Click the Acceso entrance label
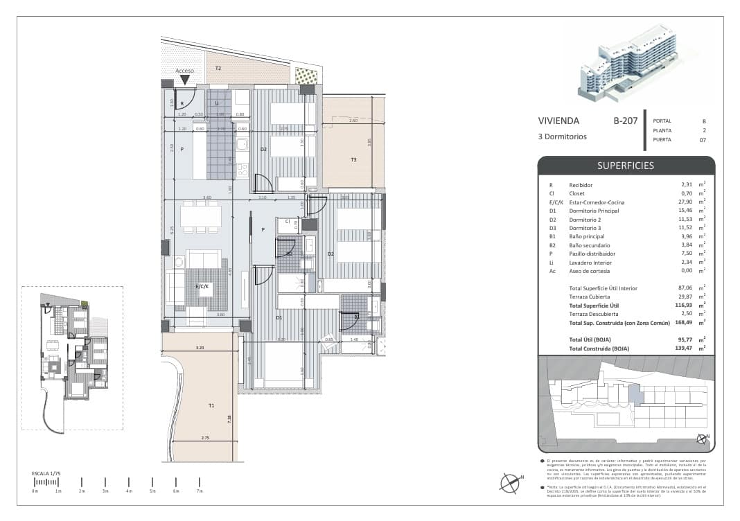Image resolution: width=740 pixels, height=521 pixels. [185, 71]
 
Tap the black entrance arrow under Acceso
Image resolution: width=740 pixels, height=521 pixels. [185, 80]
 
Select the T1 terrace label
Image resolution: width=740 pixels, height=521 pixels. [211, 405]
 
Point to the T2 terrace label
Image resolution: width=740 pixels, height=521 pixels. [218, 68]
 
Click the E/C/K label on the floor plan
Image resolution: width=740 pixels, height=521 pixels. [202, 286]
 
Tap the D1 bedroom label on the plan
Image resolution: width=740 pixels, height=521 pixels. [279, 317]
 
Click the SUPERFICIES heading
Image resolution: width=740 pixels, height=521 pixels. [626, 166]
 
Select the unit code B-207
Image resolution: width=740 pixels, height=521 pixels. [624, 121]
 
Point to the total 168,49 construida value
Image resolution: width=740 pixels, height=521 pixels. [686, 323]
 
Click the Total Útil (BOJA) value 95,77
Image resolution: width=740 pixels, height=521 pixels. [687, 339]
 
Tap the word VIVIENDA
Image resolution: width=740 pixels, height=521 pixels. [558, 121]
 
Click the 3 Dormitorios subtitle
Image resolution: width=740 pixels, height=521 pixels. [562, 136]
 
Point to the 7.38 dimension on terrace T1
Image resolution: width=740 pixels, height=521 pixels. [228, 418]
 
